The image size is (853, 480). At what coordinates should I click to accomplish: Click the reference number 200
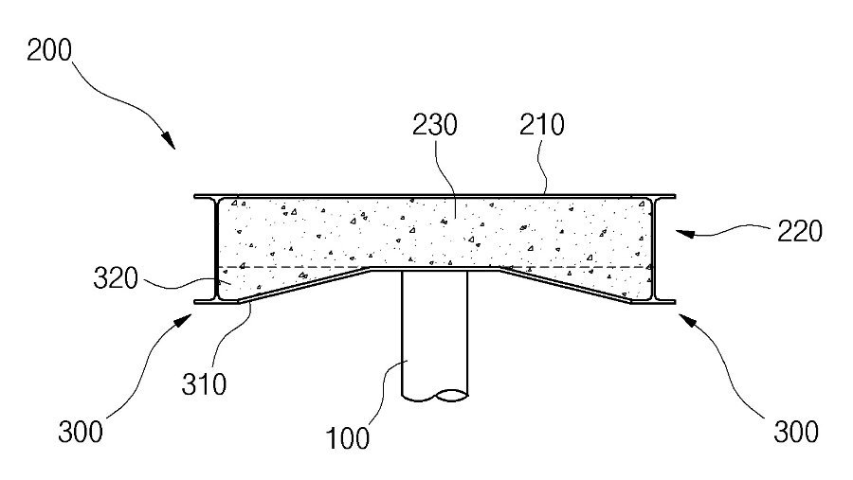49,50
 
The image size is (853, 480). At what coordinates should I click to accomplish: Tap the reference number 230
435,125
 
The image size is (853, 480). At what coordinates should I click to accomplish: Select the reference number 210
542,125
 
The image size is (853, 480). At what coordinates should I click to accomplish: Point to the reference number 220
800,232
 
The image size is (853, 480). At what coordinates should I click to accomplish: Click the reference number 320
116,278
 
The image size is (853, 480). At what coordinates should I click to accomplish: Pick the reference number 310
204,384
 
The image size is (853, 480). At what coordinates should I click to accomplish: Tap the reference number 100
347,438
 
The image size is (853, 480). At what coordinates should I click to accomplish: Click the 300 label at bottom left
81,432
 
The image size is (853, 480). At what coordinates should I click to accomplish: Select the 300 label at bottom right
796,432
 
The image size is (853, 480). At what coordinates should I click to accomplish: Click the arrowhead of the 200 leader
170,141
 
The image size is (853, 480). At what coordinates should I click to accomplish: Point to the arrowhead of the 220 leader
684,233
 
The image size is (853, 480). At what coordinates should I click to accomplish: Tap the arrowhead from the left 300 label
184,321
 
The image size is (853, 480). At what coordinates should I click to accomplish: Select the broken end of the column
435,396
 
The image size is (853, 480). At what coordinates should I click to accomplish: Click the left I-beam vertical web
216,248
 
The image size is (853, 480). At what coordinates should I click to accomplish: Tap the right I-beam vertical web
654,248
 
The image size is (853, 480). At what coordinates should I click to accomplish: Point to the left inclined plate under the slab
304,284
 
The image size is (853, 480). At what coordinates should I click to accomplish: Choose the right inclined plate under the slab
566,284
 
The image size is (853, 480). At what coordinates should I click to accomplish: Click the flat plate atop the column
435,269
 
